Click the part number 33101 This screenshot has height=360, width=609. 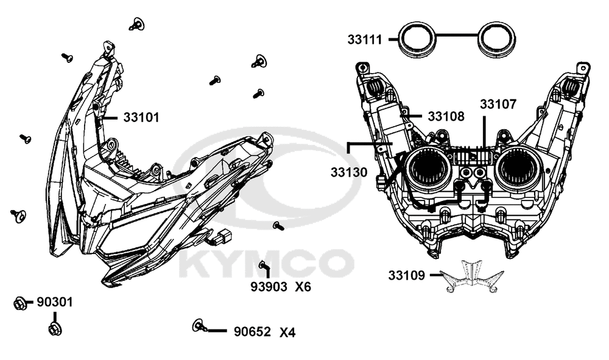(141, 117)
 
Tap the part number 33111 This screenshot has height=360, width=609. (365, 40)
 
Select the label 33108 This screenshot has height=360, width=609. (446, 116)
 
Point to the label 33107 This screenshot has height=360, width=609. (498, 104)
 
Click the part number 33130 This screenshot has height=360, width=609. (349, 172)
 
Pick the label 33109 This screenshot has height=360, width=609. (406, 275)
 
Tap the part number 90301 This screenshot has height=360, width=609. (55, 302)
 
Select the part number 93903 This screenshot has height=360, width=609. (269, 286)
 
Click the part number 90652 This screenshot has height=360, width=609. (253, 332)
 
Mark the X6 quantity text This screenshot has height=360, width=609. (303, 286)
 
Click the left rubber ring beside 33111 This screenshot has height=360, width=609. (416, 38)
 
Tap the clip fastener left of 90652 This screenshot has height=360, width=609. (198, 325)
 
